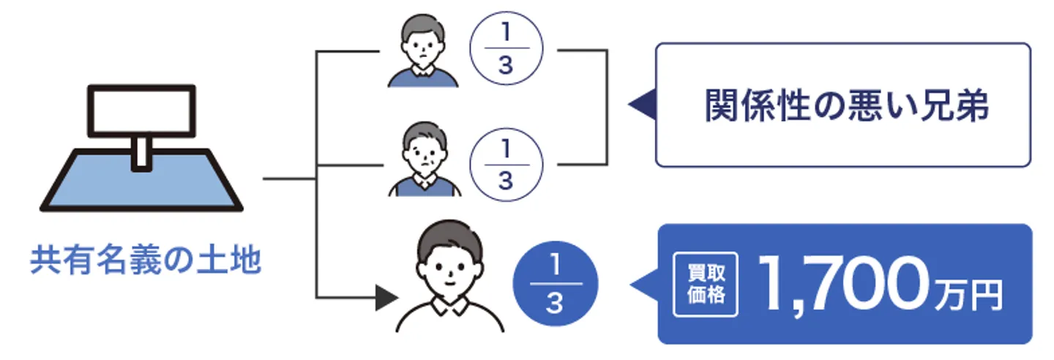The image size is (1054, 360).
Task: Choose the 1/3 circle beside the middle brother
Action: click(x=506, y=167)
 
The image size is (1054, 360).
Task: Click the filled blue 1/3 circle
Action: click(x=556, y=284)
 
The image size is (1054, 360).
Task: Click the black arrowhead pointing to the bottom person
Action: click(x=386, y=297)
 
